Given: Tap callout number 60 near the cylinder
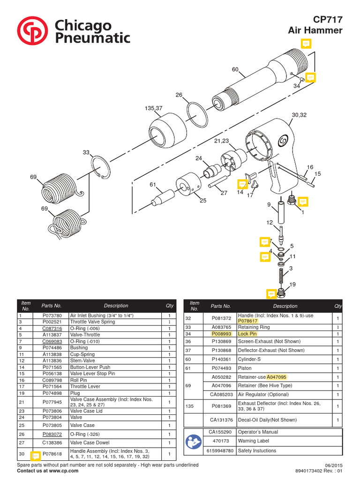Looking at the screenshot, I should coord(235,69).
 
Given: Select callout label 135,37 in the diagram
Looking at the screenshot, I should coord(153,108).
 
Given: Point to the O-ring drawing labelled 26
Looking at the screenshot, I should coord(197,114).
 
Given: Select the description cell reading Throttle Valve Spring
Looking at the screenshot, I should coord(92,322).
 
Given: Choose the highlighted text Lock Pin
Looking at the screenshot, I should coord(247,334).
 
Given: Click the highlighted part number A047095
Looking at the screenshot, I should coord(277,377).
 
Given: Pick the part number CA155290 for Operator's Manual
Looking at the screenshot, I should coord(220,432).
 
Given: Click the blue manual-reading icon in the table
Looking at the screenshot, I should coord(193,441).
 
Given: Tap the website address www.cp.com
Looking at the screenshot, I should coord(63,471).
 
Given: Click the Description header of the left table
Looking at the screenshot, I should coord(116,306).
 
